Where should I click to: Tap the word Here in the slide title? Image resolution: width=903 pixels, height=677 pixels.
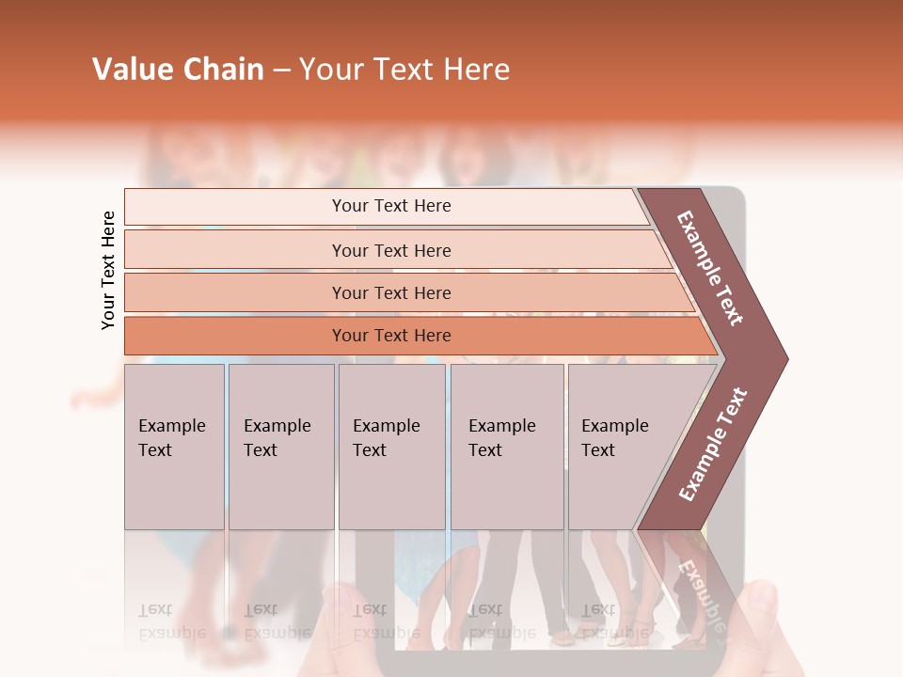(476, 70)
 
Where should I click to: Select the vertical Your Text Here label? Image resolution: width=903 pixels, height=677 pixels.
(108, 270)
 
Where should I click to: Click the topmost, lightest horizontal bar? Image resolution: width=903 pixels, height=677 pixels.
(235, 207)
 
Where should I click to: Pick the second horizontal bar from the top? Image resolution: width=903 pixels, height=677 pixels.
(235, 250)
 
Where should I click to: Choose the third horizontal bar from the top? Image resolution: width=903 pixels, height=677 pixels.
(235, 292)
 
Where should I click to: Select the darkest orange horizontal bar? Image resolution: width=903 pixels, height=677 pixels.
(235, 336)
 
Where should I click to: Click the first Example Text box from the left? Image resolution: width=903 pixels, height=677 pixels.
(174, 447)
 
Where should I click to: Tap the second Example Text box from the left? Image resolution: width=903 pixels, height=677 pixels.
(281, 447)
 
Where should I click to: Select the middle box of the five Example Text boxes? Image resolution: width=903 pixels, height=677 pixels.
(391, 447)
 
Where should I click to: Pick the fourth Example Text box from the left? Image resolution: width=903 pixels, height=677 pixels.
(507, 447)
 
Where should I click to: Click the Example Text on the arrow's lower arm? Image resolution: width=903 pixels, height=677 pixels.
(713, 444)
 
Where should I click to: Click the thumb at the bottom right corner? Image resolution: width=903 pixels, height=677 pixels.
(767, 611)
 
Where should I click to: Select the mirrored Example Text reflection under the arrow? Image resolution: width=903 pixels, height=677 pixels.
(701, 592)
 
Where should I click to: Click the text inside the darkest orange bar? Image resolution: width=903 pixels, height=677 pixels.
(391, 336)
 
